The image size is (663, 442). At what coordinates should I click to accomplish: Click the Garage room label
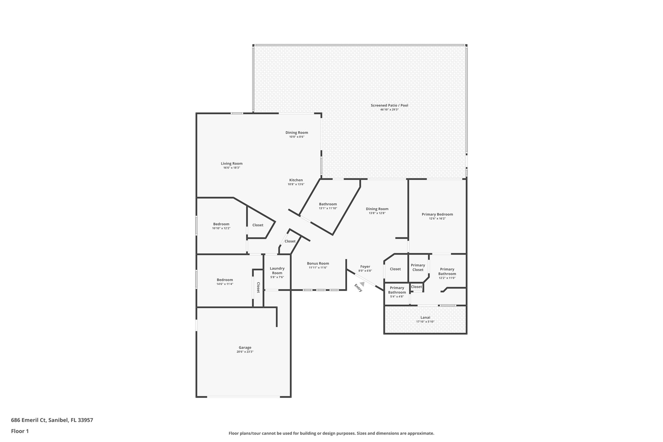[245, 347]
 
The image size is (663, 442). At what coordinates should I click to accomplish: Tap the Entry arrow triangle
[362, 284]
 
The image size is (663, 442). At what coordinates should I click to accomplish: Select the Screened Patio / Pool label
[389, 105]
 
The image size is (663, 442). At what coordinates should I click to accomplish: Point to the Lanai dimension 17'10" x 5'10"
[425, 322]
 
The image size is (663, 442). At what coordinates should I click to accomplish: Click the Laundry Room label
[277, 270]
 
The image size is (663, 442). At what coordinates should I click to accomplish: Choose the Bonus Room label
[318, 263]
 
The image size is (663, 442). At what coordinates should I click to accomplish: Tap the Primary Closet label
[418, 267]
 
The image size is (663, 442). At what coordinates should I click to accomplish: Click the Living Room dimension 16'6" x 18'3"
[231, 168]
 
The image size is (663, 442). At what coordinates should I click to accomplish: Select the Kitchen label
[296, 180]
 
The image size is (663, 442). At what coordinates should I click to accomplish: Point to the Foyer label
[365, 266]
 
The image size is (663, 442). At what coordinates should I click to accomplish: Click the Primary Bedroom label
[437, 214]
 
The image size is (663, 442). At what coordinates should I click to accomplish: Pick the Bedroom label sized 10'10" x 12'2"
[221, 224]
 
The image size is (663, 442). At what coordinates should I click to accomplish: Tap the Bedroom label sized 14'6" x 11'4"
[225, 280]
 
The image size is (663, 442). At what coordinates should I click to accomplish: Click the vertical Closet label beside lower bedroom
[258, 288]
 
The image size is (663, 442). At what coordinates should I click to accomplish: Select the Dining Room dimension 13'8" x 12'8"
[377, 213]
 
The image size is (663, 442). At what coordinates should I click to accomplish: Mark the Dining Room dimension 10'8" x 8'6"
[297, 137]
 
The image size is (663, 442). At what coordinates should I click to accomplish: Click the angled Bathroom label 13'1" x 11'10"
[328, 204]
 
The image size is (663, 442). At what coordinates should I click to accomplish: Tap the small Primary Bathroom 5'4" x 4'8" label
[397, 290]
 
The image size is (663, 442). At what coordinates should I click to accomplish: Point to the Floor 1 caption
[20, 431]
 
